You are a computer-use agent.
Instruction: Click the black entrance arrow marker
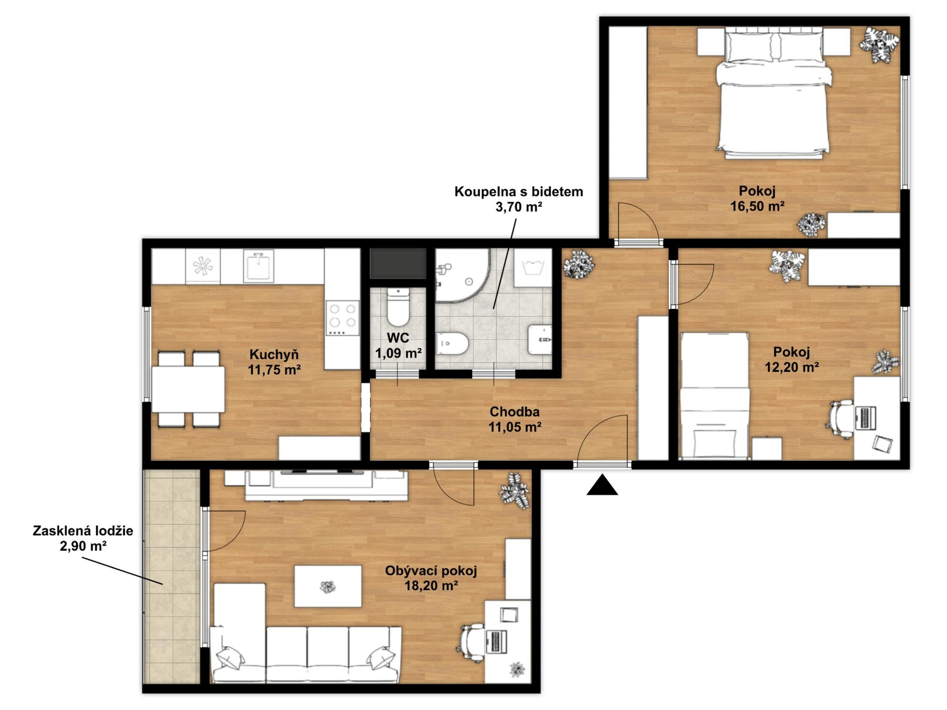tap(602, 485)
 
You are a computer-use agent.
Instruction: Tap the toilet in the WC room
tap(398, 307)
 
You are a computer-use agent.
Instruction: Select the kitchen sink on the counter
tap(258, 267)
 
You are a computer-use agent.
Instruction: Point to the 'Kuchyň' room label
tap(274, 354)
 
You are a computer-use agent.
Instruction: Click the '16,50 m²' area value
tap(757, 206)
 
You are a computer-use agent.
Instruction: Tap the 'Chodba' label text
tap(514, 411)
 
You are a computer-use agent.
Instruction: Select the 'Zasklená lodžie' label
tap(83, 531)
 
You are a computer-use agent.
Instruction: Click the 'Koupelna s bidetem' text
tap(518, 191)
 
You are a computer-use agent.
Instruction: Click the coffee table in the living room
tap(328, 586)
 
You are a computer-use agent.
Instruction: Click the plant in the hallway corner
tap(579, 264)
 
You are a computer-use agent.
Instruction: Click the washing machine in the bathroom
tap(533, 268)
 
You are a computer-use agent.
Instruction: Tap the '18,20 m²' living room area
tap(431, 586)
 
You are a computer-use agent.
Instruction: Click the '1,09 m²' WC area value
tap(398, 353)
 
